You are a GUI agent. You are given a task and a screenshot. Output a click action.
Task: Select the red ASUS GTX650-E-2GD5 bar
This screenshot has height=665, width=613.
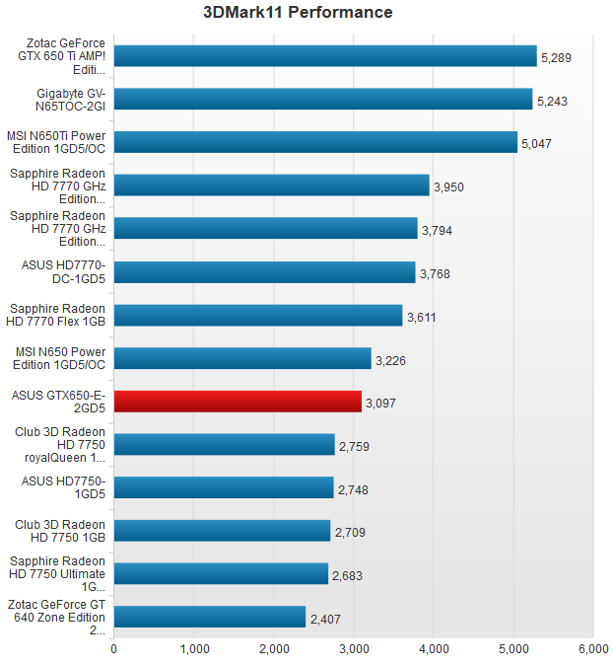click(x=238, y=402)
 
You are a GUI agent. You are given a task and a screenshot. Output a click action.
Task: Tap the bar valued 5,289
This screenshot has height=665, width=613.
click(x=325, y=56)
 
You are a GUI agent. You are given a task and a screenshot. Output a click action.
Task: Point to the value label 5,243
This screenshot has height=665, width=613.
click(x=553, y=101)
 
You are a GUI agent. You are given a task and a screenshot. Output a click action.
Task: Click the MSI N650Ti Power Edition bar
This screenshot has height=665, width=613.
click(x=315, y=142)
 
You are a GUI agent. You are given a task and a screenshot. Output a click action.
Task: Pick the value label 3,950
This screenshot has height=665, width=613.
click(x=449, y=186)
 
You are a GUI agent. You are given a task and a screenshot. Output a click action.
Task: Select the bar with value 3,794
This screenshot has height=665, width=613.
click(x=265, y=229)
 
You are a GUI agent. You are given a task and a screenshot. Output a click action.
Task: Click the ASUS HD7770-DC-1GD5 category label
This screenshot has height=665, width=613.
click(x=62, y=272)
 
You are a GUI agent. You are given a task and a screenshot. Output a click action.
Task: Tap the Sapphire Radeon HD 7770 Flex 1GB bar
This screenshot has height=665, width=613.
click(x=258, y=315)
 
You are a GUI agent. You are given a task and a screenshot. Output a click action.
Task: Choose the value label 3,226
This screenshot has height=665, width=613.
click(x=391, y=360)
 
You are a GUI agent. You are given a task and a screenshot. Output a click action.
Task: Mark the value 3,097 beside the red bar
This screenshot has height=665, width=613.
click(x=381, y=404)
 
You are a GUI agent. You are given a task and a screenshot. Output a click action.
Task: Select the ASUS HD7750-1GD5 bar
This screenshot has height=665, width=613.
click(x=224, y=487)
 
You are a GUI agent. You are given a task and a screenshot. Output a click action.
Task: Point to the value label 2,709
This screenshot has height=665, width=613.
click(x=351, y=533)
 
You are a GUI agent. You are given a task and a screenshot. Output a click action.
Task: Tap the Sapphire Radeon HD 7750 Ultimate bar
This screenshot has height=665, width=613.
click(x=221, y=574)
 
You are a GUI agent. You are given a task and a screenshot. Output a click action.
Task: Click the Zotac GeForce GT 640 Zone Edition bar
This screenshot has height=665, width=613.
click(x=210, y=618)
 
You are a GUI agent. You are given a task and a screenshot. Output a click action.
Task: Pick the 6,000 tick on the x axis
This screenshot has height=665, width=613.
click(x=592, y=648)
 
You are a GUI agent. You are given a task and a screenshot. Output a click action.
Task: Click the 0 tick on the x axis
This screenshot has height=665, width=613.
click(x=114, y=648)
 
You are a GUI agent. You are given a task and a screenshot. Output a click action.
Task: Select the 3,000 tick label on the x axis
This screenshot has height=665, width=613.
click(x=354, y=648)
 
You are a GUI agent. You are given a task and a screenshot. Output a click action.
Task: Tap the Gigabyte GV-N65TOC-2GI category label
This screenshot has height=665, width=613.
click(x=62, y=100)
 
